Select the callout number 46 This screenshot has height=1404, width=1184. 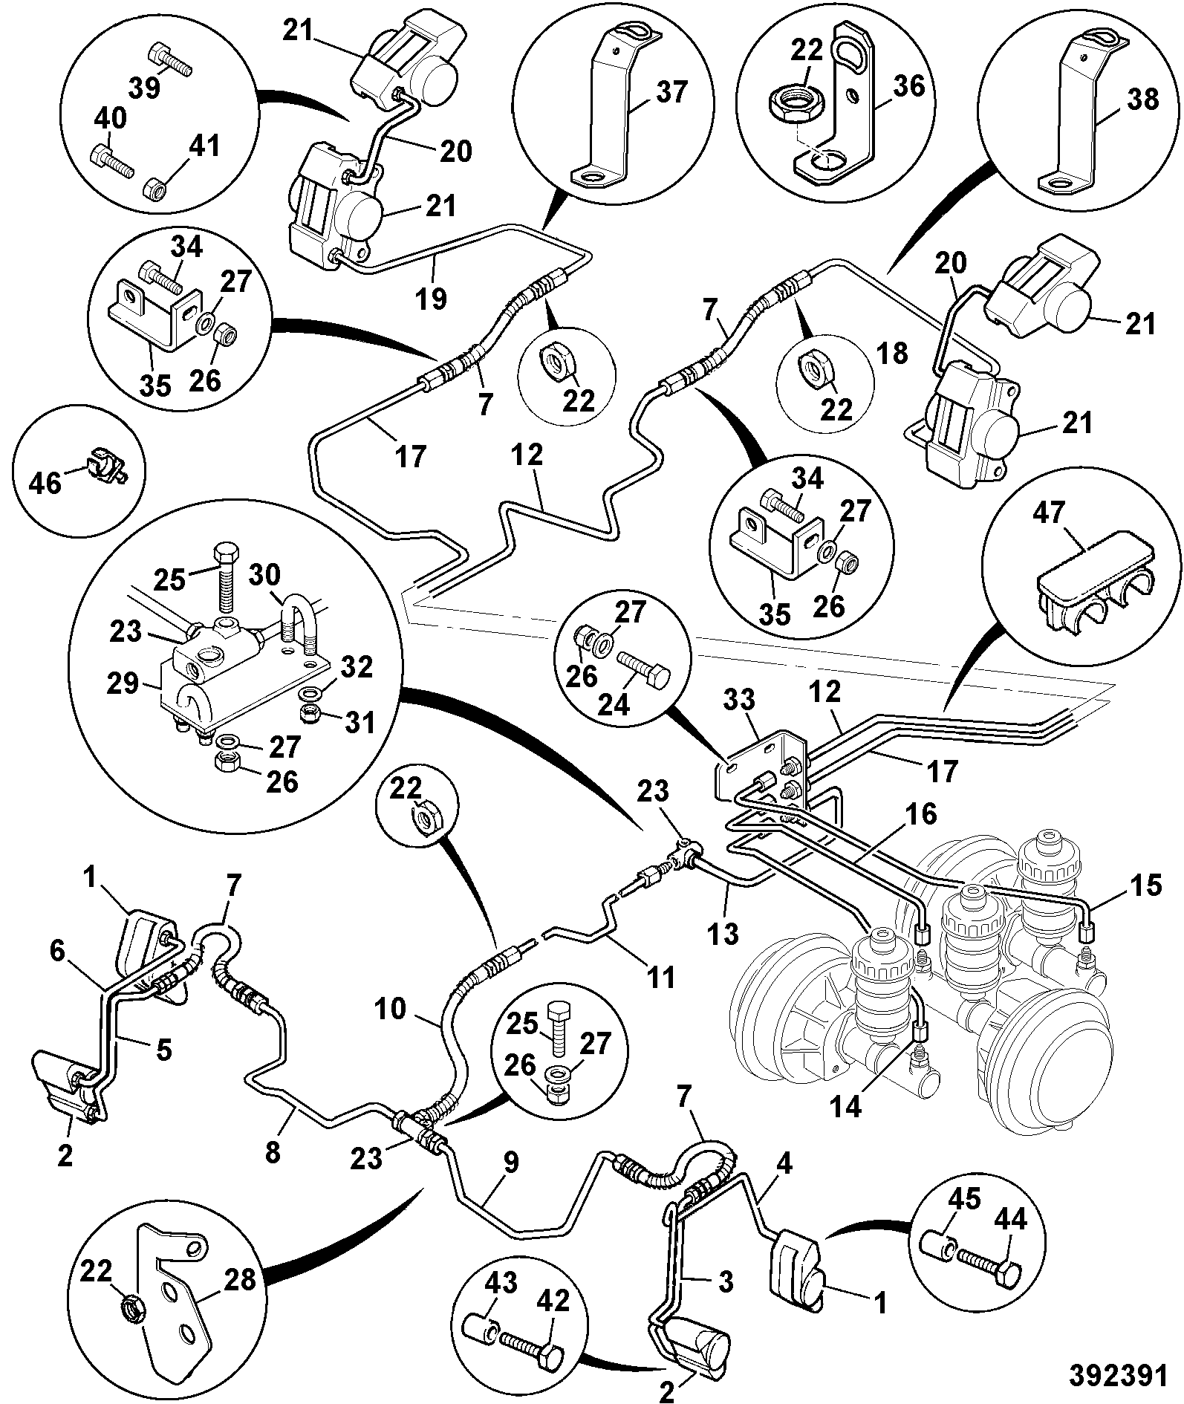click(45, 484)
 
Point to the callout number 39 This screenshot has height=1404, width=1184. click(144, 88)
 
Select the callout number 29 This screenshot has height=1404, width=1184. click(123, 683)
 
